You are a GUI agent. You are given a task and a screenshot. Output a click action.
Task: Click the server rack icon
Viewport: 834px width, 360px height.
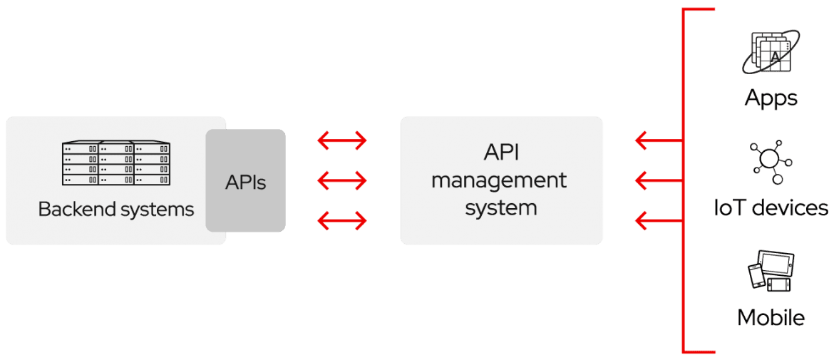[116, 164]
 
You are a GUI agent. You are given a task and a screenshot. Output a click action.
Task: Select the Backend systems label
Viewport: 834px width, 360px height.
[116, 210]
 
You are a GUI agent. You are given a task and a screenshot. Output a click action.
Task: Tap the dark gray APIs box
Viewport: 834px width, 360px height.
[246, 181]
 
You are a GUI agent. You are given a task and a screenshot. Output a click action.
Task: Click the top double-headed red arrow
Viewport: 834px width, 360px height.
[342, 140]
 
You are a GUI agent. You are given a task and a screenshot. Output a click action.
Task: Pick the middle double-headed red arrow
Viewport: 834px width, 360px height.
[342, 181]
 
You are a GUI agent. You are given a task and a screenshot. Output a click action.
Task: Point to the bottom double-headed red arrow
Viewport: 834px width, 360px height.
[342, 220]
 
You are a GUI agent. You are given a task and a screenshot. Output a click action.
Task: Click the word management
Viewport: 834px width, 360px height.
[499, 181]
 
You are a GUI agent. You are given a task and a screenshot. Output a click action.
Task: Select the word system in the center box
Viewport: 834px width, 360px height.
[501, 207]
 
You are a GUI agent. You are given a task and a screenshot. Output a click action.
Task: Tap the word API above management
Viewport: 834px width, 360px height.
[500, 153]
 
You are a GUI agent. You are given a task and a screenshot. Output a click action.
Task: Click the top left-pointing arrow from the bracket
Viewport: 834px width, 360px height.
[659, 140]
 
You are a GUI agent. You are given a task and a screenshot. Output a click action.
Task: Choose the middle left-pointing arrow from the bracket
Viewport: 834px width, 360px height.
[659, 181]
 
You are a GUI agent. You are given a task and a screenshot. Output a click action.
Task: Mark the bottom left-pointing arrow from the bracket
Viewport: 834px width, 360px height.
[659, 220]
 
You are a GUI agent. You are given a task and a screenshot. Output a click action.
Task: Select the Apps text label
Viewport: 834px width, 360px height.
[771, 98]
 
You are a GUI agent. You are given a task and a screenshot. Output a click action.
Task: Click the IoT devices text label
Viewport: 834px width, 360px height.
[771, 208]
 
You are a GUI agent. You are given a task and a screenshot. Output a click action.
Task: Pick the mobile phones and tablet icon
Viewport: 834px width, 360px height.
[771, 271]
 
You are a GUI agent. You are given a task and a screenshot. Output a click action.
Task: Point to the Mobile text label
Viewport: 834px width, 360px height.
[771, 317]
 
